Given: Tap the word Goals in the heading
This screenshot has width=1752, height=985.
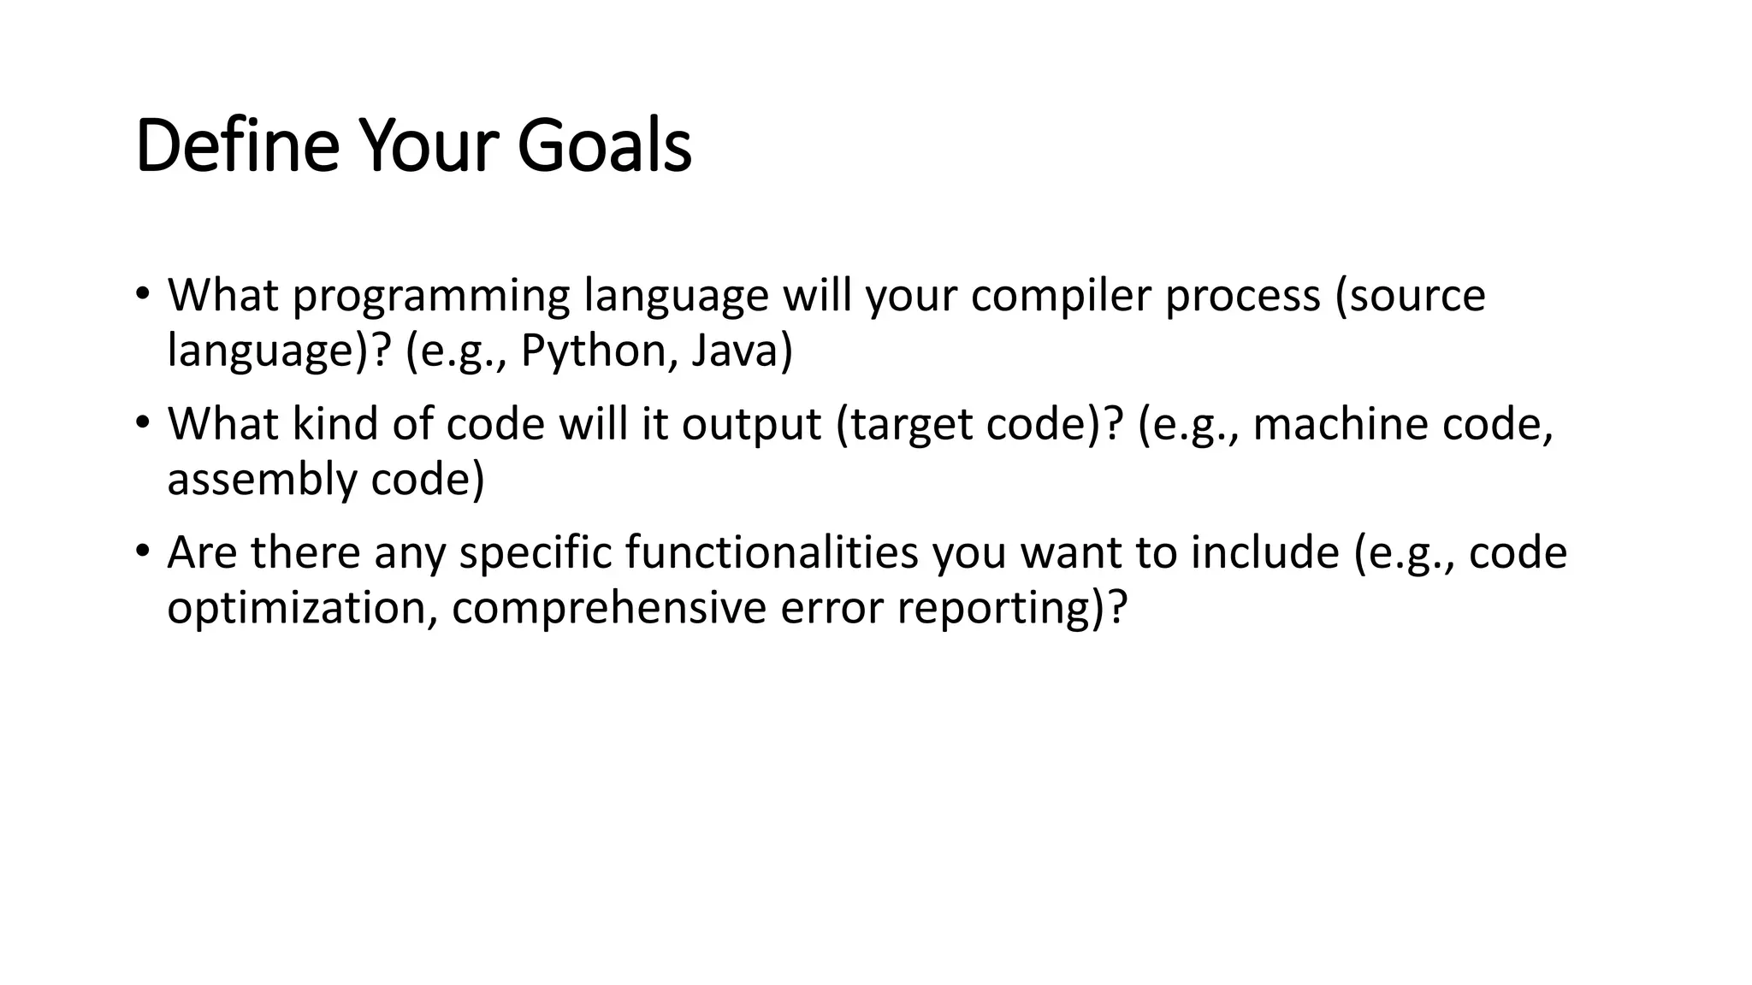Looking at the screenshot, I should (604, 146).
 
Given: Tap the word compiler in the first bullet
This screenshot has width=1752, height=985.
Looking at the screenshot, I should (1061, 296).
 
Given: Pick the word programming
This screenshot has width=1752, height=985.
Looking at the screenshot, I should (431, 296).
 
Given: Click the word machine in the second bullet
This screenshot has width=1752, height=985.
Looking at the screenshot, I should (1340, 424).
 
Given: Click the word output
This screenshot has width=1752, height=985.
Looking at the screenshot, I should (751, 424).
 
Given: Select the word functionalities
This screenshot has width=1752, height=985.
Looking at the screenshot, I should (771, 552).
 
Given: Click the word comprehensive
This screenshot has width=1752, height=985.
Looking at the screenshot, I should (608, 608).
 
